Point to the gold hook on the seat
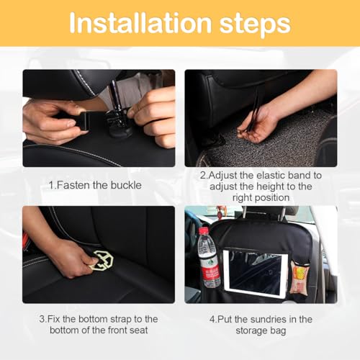[102, 259]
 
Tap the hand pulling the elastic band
[253, 122]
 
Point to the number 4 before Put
[210, 319]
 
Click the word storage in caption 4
[248, 331]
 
